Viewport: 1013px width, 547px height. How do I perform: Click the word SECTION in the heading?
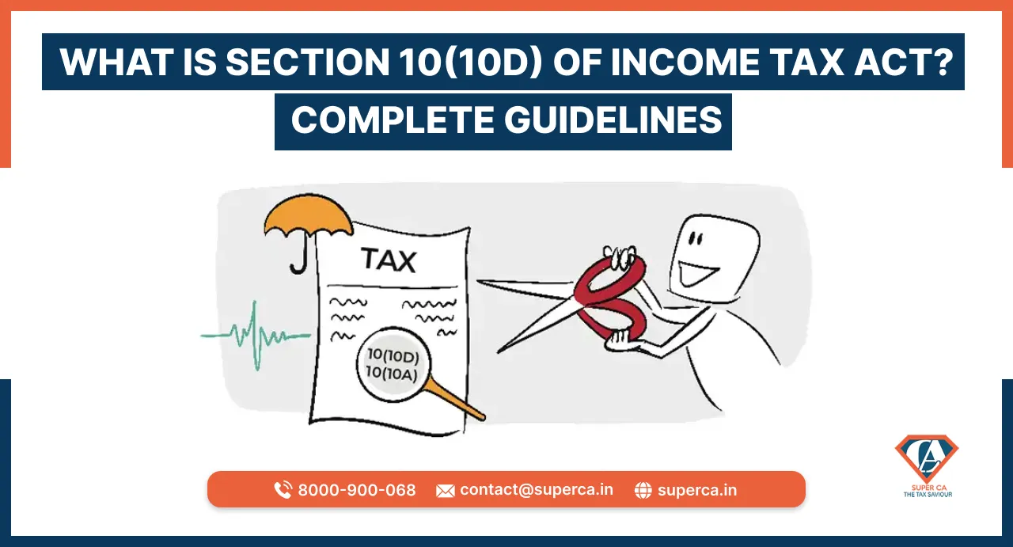307,62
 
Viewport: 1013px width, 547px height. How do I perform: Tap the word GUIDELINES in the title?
613,120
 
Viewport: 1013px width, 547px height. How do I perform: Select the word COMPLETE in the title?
393,120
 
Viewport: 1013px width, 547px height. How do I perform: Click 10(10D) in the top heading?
470,62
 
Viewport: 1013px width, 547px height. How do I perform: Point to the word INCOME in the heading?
685,62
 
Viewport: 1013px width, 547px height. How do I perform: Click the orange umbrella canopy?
309,215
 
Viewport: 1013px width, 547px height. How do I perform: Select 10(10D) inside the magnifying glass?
393,355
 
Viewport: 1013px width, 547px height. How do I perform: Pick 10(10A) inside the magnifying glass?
391,374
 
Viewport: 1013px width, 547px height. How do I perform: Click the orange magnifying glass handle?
454,399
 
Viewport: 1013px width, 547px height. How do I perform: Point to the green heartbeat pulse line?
256,336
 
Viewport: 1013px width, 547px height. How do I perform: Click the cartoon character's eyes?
696,238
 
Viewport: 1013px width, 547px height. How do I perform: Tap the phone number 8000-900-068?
357,490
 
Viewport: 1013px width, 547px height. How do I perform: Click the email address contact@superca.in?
537,489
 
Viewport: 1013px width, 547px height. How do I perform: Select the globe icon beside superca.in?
643,490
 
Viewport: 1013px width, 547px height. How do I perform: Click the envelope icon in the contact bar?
445,491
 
